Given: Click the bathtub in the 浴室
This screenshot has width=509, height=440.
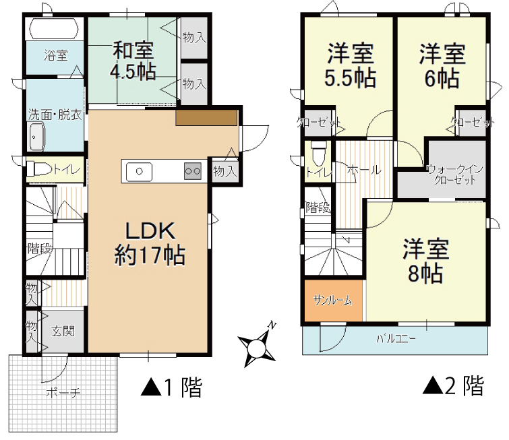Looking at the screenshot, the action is tap(54, 28).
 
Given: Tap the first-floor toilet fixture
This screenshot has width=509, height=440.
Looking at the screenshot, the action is tap(39, 169).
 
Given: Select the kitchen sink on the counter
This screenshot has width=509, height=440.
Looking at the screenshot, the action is tap(140, 170).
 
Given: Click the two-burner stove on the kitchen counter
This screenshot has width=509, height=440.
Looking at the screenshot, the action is tap(193, 170).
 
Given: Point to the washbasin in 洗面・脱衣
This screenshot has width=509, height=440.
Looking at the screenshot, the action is tap(36, 137).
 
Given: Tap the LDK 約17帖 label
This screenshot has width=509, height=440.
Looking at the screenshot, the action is tap(150, 244).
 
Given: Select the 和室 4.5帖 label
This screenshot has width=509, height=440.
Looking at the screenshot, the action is tap(133, 61).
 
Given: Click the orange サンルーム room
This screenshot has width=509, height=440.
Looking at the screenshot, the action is tap(333, 301).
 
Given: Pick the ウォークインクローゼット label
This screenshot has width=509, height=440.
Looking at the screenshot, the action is tap(455, 175).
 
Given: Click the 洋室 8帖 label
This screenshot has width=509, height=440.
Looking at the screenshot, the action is tap(426, 261).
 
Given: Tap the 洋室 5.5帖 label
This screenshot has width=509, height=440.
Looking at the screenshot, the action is tap(351, 66).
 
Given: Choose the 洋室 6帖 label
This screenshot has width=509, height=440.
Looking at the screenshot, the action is tap(442, 66).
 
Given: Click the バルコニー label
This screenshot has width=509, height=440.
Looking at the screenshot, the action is tap(396, 339).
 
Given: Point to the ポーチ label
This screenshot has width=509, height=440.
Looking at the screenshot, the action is tap(63, 393).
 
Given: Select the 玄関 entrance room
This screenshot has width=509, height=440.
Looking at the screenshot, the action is tap(62, 331).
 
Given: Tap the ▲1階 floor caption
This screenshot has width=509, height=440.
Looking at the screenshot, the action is tap(171, 387).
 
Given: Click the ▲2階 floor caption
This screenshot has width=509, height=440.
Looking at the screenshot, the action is tap(453, 385).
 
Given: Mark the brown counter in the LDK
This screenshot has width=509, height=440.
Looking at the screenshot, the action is tap(206, 117).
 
